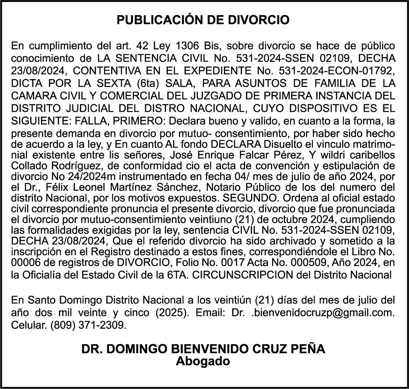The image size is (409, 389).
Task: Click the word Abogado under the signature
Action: click(203, 361)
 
